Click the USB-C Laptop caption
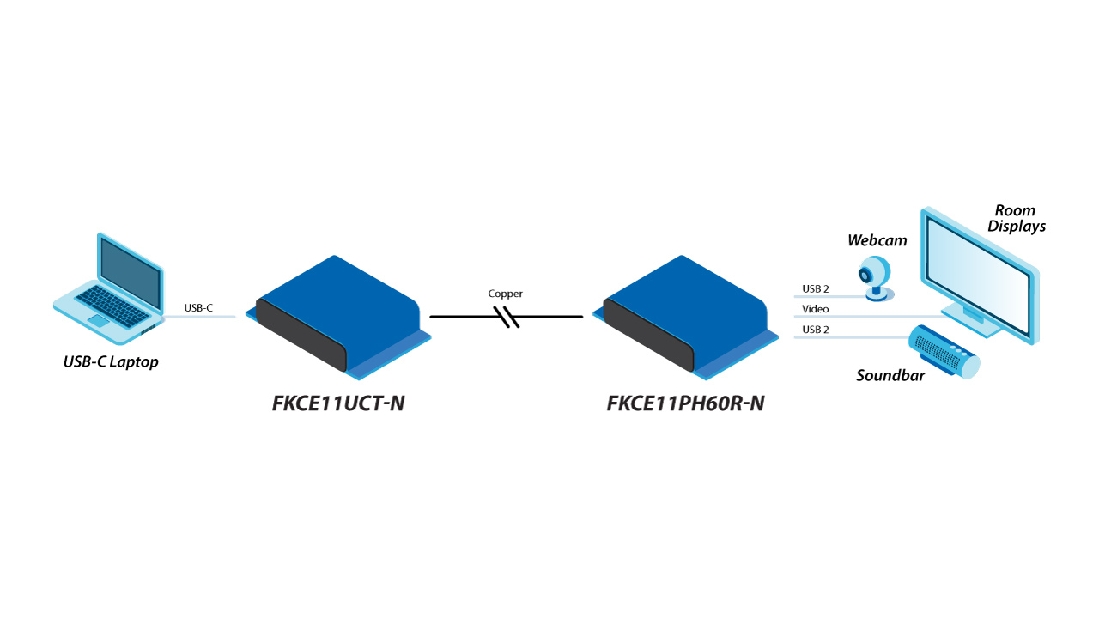point(111,362)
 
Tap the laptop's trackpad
point(98,321)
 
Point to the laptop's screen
point(131,269)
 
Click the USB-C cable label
point(198,308)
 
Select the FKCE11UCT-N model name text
point(338,403)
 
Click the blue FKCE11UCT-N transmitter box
point(338,318)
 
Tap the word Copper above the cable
point(505,294)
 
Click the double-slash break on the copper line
point(507,318)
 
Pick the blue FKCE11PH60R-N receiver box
point(685,318)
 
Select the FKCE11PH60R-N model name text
point(685,403)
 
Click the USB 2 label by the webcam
point(816,289)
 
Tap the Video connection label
point(816,309)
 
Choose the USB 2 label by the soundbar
point(816,330)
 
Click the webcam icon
point(877,277)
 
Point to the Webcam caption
point(877,240)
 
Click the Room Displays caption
point(1017,218)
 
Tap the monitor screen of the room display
point(978,276)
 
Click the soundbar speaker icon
point(944,351)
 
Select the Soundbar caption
point(890,376)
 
